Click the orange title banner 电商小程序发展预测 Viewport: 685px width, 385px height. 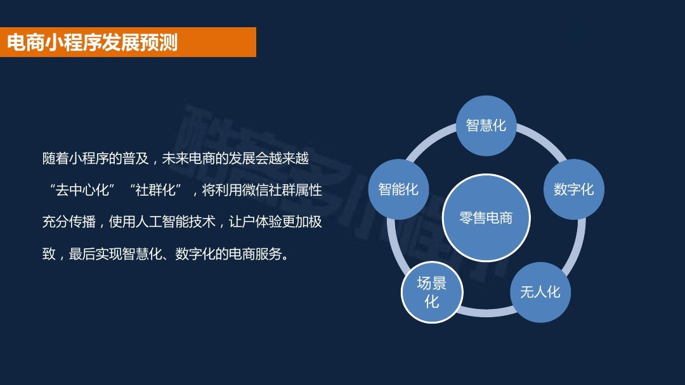tap(128, 42)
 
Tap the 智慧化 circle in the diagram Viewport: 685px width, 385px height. tap(486, 125)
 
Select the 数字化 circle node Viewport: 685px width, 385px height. tap(573, 189)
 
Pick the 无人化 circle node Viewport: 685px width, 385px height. tap(540, 292)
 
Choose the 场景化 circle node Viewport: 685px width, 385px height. tap(432, 292)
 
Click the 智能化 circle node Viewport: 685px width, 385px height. tap(398, 189)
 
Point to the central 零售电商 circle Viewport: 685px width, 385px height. tap(486, 218)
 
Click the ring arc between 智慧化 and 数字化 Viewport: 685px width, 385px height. tap(542, 138)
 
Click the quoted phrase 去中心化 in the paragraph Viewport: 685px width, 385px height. tap(82, 190)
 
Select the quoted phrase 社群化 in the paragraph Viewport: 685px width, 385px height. tap(155, 190)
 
